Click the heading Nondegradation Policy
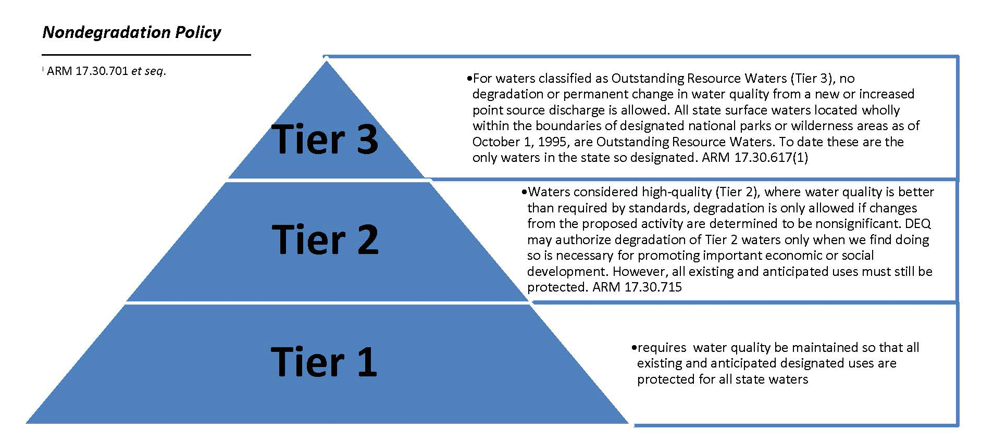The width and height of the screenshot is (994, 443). (131, 32)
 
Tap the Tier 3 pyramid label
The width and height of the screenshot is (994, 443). (325, 139)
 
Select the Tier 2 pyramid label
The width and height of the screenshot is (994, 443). (325, 239)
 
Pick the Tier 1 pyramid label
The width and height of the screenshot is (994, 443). (324, 361)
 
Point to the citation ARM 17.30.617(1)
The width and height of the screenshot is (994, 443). (755, 157)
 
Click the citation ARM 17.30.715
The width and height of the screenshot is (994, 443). (637, 287)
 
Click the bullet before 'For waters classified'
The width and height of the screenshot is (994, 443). (469, 79)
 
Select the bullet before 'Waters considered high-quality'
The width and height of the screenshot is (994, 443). (524, 192)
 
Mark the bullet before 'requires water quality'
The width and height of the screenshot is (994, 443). (634, 348)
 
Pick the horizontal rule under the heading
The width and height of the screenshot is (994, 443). (146, 54)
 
